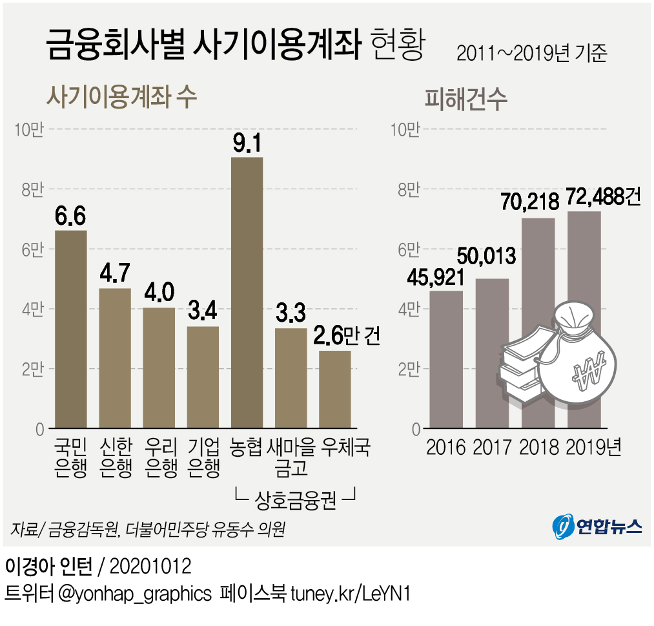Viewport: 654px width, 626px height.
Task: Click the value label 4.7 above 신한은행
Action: [x=115, y=274]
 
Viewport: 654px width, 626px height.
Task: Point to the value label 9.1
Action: [x=247, y=141]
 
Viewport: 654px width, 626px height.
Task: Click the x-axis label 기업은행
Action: [x=203, y=457]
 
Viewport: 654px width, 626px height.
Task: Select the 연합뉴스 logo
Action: [x=597, y=527]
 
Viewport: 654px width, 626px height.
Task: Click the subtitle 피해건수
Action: [x=466, y=100]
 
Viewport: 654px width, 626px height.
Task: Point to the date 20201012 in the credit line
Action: [x=151, y=567]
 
